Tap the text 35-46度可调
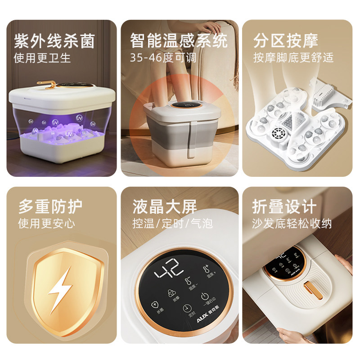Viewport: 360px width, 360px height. coord(163,58)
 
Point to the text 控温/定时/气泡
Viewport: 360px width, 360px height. coord(172,223)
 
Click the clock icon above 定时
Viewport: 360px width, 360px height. coord(186,308)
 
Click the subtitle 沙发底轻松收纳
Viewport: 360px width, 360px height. coord(292,223)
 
